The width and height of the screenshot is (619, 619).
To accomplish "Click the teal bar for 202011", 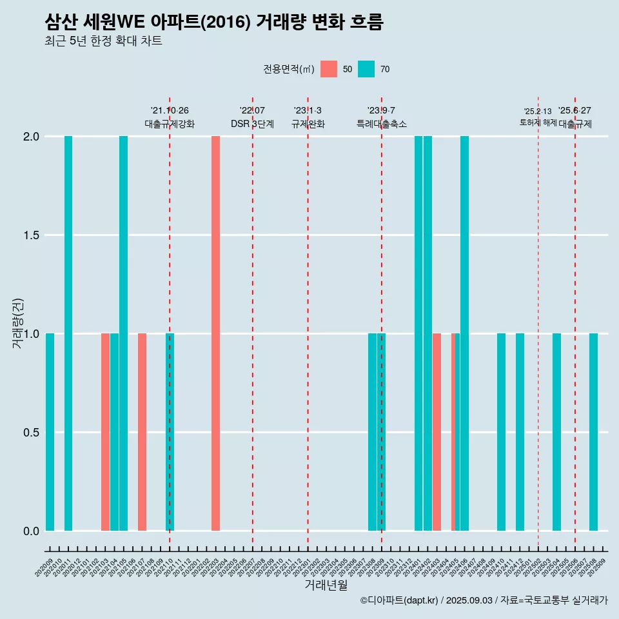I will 68,333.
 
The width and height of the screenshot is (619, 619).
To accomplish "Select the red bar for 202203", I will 215,333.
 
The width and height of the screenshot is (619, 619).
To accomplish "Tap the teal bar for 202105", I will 123,333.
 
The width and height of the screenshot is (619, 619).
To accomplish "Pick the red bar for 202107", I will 142,432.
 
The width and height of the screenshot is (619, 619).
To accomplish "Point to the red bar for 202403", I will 437,432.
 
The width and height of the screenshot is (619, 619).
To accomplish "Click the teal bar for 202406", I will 464,333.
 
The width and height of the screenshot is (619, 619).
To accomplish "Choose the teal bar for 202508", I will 593,432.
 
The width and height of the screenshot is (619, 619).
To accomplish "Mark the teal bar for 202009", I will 50,432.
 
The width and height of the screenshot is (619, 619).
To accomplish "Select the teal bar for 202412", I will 520,432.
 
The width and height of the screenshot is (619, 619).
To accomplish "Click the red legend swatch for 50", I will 329,69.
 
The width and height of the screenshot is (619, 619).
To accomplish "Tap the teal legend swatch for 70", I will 366,69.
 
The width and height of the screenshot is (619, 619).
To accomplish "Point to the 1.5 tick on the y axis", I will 31,235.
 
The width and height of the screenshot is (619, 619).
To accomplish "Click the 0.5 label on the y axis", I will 31,433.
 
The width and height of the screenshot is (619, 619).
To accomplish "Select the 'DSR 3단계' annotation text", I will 253,124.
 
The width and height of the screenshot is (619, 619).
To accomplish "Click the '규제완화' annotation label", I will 308,124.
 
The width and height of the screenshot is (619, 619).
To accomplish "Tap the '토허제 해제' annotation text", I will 538,122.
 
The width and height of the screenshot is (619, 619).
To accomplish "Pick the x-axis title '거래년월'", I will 326,585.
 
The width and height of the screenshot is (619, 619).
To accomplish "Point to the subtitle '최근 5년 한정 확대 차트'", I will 103,41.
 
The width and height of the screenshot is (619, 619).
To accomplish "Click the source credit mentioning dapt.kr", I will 484,600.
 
